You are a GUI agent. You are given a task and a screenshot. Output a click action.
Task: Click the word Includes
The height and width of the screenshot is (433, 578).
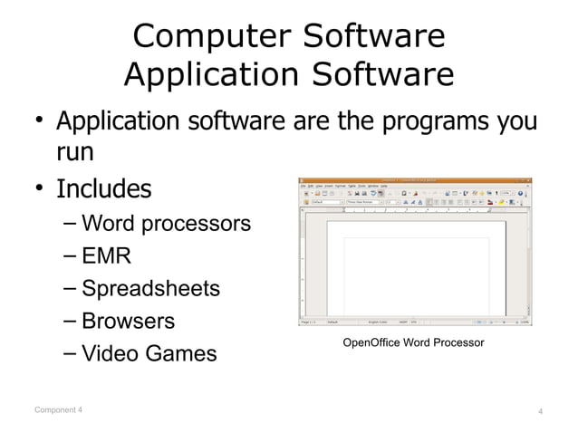tap(104, 190)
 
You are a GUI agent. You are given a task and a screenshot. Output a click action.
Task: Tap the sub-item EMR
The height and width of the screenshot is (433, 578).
tap(106, 256)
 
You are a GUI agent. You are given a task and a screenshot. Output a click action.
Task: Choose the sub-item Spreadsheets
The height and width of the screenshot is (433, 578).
tap(150, 289)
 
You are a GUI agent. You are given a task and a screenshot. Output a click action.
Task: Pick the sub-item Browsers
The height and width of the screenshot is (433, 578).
tap(128, 322)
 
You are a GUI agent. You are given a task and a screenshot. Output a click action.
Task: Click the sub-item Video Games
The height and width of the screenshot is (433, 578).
tap(149, 354)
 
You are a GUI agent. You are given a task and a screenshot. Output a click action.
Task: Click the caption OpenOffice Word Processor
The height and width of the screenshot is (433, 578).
tap(413, 342)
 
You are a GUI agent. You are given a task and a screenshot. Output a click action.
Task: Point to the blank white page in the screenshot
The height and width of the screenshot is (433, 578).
tap(415, 272)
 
